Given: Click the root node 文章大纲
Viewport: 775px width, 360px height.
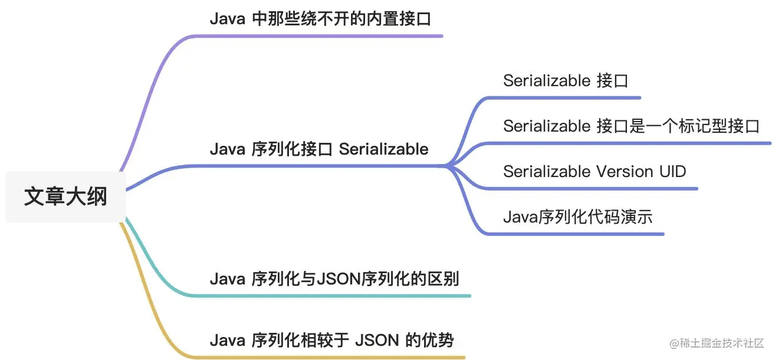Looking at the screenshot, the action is point(65,197).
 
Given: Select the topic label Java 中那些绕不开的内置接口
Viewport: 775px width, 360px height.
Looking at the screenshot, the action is point(320,19).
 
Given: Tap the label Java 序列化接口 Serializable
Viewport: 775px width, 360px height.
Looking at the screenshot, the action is point(319,149).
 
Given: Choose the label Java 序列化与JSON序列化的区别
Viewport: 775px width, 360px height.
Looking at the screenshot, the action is point(334,279).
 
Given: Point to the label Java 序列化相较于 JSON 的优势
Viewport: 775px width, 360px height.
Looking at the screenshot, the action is point(331,340).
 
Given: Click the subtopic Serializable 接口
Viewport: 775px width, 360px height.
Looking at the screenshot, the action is point(566,81).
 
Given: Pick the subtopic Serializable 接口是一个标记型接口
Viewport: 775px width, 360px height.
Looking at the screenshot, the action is point(632,126).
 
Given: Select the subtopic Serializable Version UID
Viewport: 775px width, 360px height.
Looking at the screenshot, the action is point(595,171).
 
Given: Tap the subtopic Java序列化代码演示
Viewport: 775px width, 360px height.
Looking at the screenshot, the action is point(578,217).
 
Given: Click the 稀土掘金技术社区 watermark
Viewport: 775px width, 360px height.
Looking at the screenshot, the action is point(717,343).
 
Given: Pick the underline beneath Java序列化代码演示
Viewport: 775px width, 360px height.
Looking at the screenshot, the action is point(574,234).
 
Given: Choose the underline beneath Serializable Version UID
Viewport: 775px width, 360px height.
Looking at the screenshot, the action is point(591,189).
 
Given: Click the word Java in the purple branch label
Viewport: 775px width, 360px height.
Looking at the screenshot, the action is point(227,19).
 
